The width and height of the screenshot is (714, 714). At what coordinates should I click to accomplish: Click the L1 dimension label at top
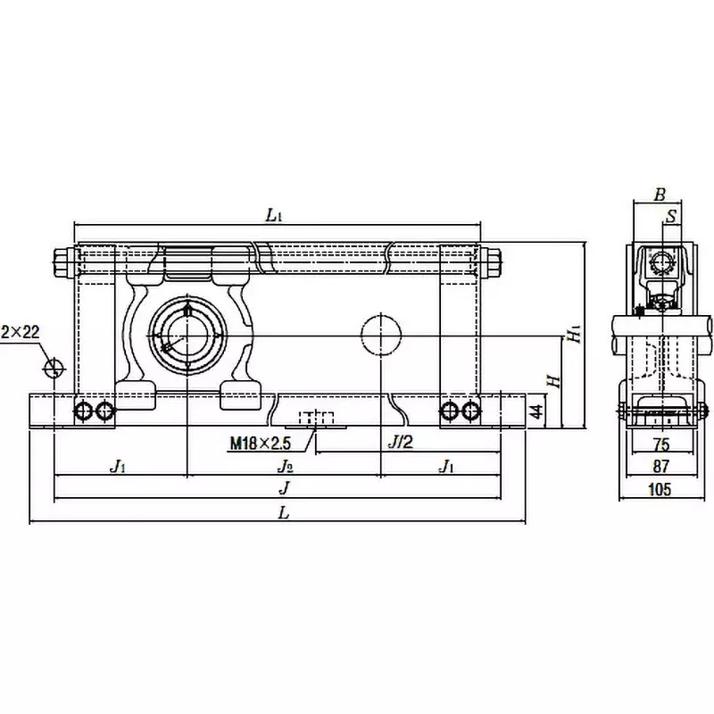pyautogui.click(x=275, y=214)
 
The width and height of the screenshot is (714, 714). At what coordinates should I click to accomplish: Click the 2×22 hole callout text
pyautogui.click(x=20, y=332)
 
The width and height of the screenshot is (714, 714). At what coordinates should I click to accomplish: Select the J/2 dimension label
pyautogui.click(x=400, y=441)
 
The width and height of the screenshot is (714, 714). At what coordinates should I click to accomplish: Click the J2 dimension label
pyautogui.click(x=284, y=467)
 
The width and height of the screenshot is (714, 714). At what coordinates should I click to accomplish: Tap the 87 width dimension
pyautogui.click(x=660, y=467)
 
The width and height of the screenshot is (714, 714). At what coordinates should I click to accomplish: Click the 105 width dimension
pyautogui.click(x=660, y=489)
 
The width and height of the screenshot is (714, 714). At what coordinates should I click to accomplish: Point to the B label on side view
pyautogui.click(x=660, y=194)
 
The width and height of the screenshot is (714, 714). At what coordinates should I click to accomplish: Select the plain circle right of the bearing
pyautogui.click(x=380, y=335)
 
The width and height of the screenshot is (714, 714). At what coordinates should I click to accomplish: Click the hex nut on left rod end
pyautogui.click(x=62, y=263)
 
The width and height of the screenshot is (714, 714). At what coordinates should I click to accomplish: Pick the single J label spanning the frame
pyautogui.click(x=284, y=489)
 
